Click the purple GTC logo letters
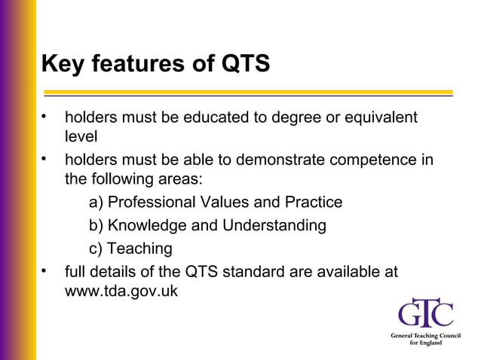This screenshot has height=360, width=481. click(x=426, y=314)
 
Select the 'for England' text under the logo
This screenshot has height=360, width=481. click(x=426, y=343)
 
